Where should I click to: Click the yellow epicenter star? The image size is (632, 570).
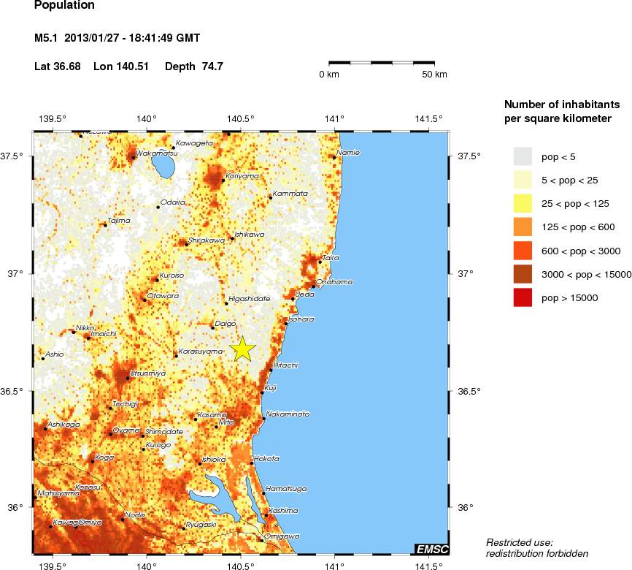tap(243, 349)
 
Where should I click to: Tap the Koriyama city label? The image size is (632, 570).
tap(242, 176)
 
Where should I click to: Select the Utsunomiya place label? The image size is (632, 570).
tap(148, 373)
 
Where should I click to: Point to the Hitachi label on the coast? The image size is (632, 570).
tap(285, 365)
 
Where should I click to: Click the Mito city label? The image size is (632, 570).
tap(226, 422)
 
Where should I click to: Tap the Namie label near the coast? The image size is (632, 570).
tap(348, 153)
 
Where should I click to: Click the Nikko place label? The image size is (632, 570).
tap(85, 328)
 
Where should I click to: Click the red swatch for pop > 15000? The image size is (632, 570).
tap(523, 297)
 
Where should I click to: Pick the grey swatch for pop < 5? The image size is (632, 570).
tap(523, 156)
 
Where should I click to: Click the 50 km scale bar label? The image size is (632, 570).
tap(435, 75)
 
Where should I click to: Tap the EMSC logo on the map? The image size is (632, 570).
tap(431, 549)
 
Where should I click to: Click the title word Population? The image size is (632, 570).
tap(64, 5)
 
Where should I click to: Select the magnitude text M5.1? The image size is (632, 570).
tap(47, 37)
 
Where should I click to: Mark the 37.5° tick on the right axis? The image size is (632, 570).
tap(468, 156)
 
